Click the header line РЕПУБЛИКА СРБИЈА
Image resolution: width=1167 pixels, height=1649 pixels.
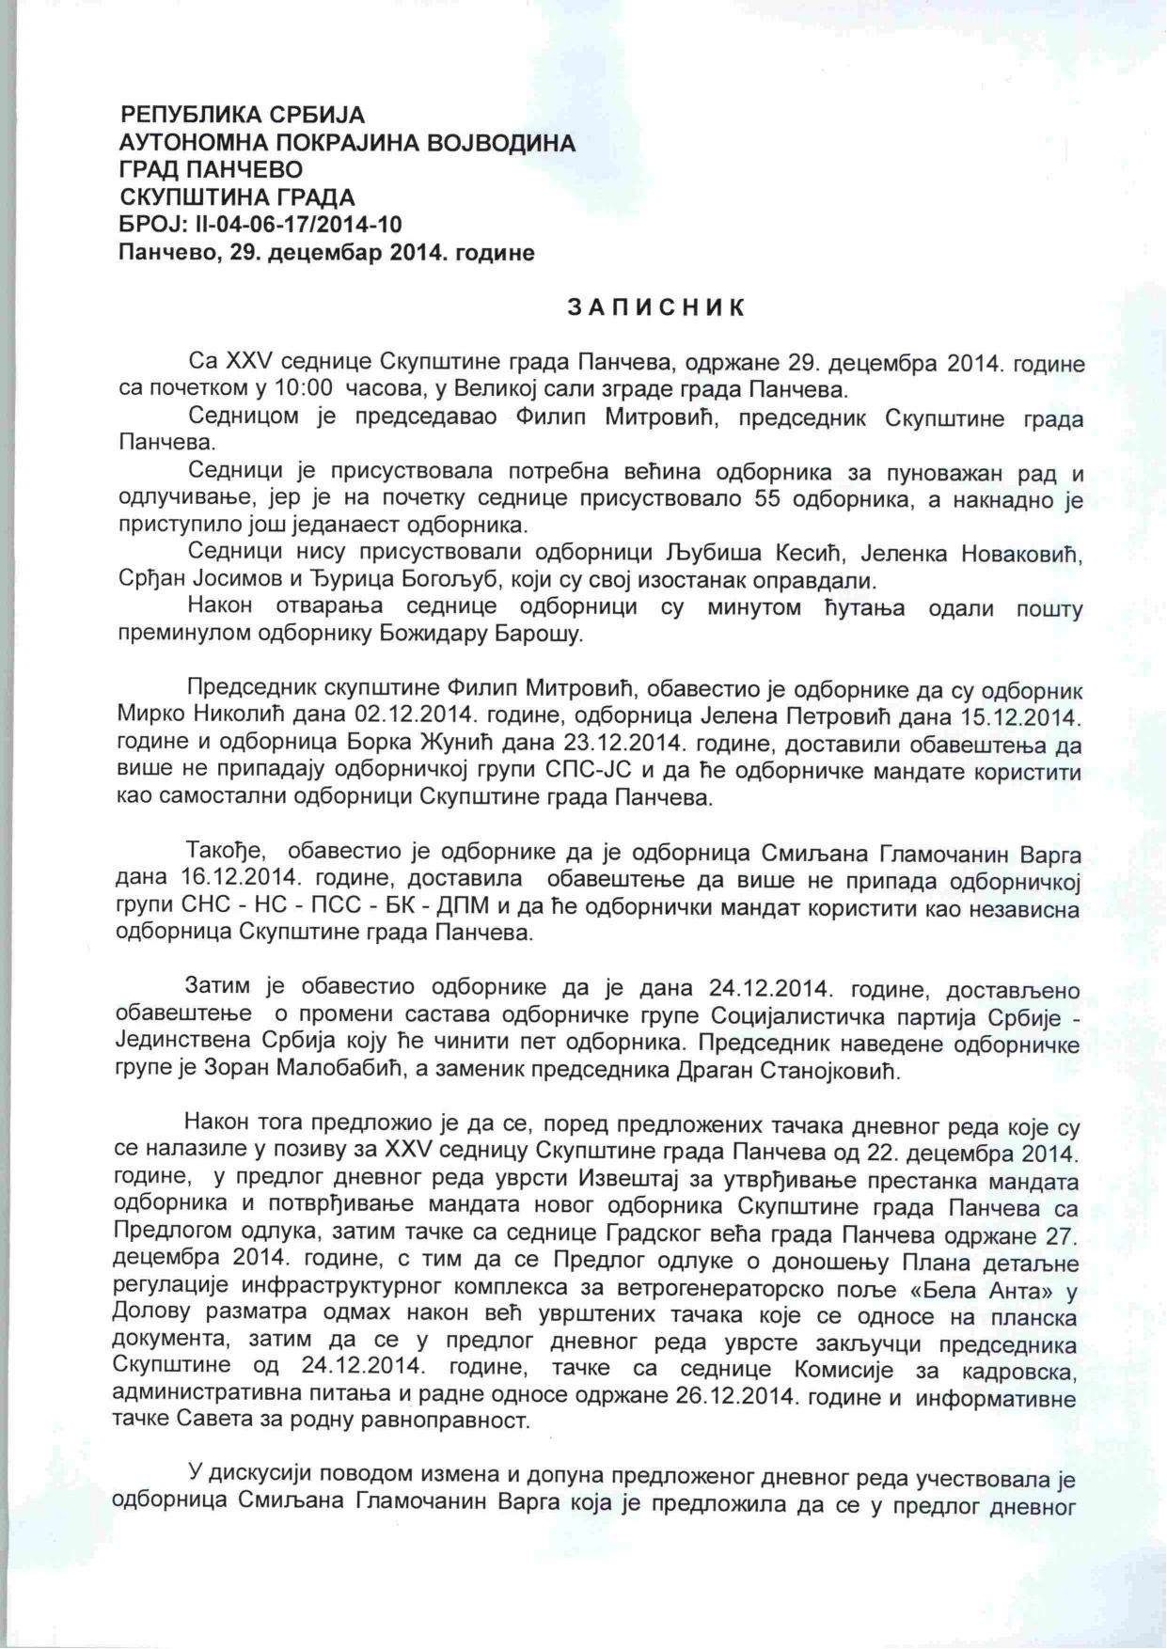[x=243, y=115]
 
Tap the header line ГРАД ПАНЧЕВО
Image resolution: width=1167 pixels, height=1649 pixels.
[x=212, y=169]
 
